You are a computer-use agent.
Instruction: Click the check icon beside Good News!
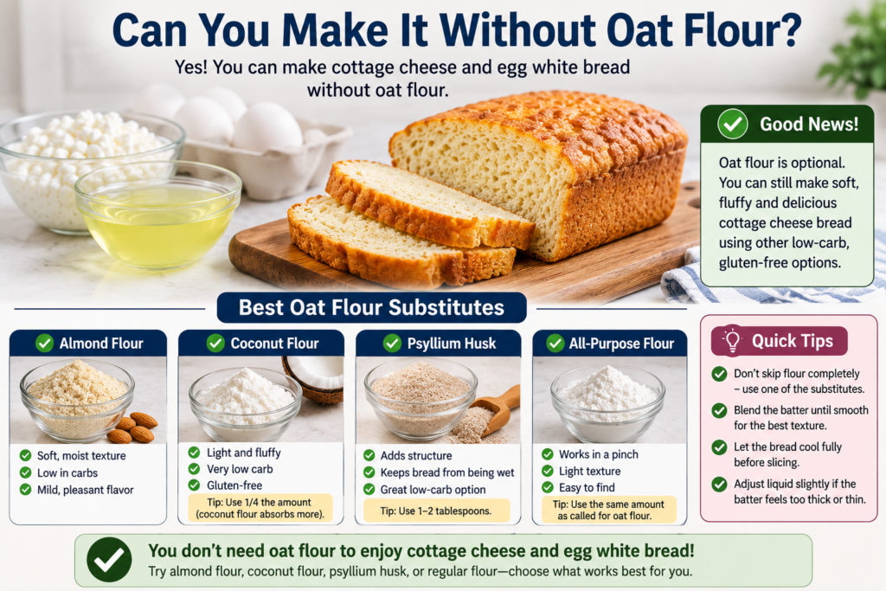coord(733,124)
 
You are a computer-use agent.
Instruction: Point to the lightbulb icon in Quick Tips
coord(732,341)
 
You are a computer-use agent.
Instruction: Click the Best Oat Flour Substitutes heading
coord(371,307)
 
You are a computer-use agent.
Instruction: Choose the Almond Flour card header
coord(88,343)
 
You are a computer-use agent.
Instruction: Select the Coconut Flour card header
coord(261,343)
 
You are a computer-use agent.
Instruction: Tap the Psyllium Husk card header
coord(438,343)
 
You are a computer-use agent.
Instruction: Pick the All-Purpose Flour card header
coord(610,343)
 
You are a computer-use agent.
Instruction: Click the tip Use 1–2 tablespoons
coord(436,511)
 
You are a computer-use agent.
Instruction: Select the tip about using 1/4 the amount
coord(260,508)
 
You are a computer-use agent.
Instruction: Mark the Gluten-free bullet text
coord(234,485)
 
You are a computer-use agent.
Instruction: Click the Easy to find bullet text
coord(587,488)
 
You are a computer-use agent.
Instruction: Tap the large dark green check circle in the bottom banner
coord(109,559)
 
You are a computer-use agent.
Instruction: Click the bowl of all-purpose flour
coord(607,403)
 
